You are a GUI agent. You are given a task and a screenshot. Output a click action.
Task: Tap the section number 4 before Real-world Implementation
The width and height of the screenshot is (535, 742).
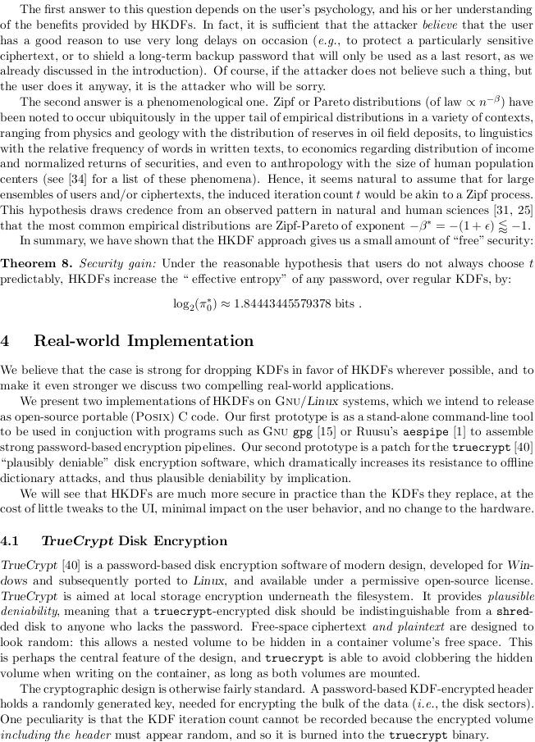(7, 341)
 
